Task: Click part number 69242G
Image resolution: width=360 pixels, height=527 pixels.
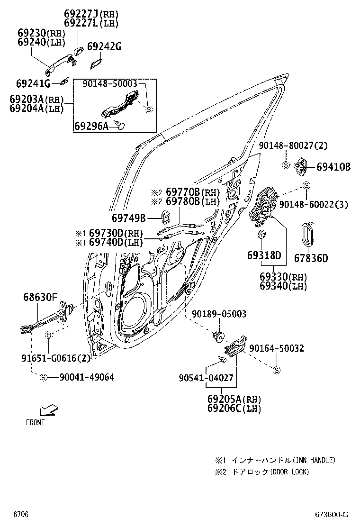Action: coord(104,46)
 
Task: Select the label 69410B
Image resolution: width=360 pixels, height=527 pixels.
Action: coord(333,167)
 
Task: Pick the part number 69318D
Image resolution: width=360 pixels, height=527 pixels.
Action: coord(264,255)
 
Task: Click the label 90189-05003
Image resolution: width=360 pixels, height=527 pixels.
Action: coord(219,314)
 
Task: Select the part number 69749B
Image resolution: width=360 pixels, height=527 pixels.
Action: coord(129,218)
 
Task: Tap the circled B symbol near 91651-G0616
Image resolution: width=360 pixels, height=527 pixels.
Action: coord(48,335)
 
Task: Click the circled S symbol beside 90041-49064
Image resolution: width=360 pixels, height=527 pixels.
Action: coord(43,377)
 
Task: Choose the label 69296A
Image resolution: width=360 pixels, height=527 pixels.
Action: coord(91,126)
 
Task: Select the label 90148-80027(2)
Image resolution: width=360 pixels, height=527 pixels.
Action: coord(293,145)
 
